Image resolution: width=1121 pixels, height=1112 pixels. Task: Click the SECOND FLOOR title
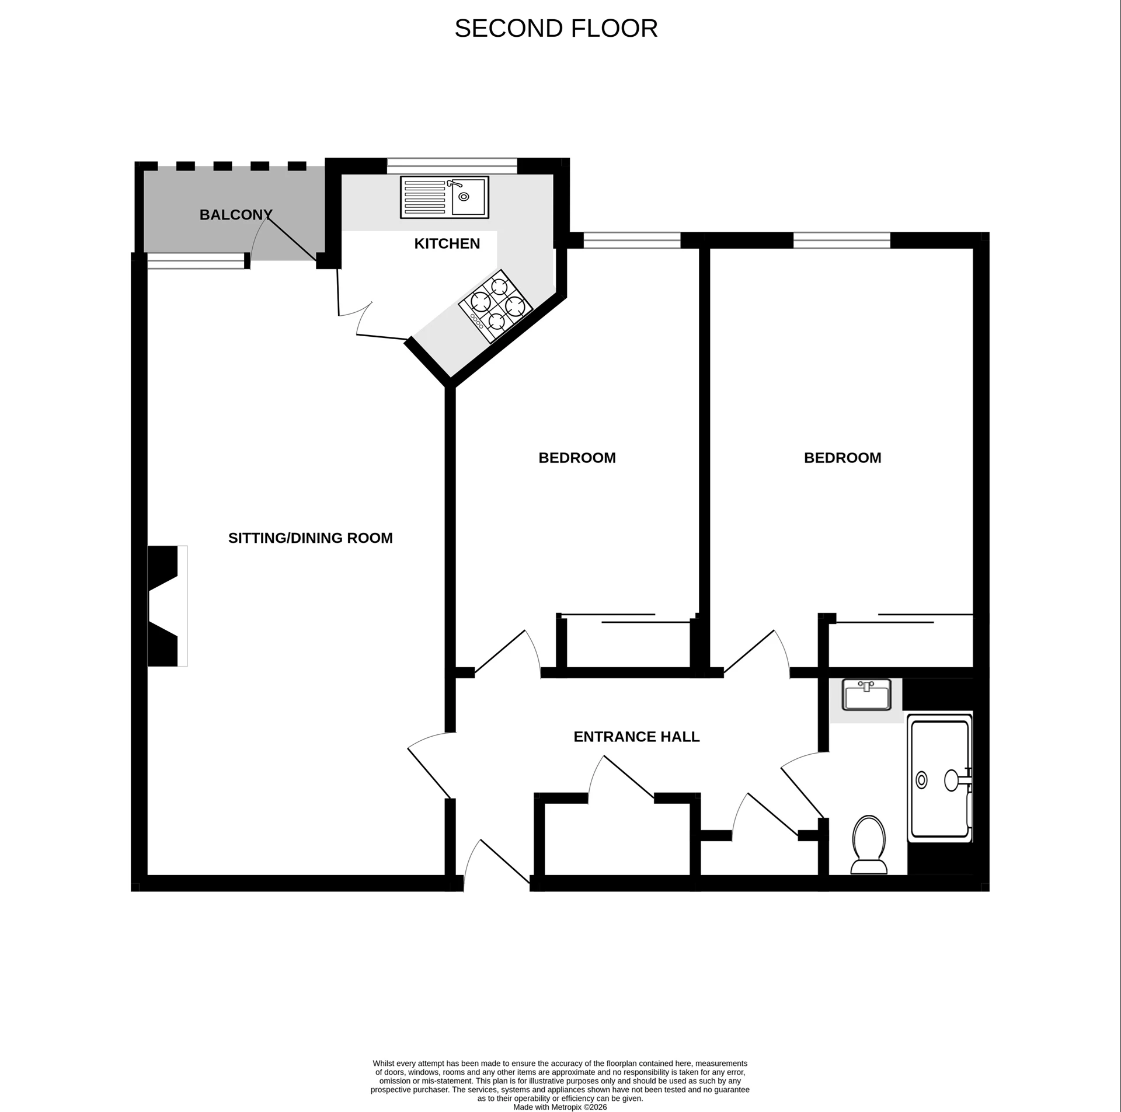[x=556, y=29]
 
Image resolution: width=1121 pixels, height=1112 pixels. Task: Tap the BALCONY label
[x=236, y=215]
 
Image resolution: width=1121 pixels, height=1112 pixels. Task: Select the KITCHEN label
[x=447, y=243]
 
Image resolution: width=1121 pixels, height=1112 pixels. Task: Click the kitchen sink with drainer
[x=444, y=197]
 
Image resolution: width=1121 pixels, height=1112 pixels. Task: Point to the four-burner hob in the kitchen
[x=496, y=306]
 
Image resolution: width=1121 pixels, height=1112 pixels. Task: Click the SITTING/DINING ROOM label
[x=310, y=538]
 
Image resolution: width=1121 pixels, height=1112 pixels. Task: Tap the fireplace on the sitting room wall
[x=166, y=606]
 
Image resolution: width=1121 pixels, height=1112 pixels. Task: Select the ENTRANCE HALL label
[x=636, y=737]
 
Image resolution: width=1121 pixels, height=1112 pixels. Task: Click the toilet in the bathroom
[x=869, y=845]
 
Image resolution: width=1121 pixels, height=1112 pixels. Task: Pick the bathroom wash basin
[x=867, y=694]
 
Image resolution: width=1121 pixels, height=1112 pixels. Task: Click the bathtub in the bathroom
[x=939, y=780]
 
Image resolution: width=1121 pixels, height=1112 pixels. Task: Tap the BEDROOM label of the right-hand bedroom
[x=843, y=458]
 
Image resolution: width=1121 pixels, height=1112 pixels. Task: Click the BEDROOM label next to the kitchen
[x=577, y=458]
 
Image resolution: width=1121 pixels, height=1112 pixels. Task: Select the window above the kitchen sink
[x=452, y=166]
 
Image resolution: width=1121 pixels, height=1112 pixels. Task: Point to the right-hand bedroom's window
[x=841, y=240]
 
